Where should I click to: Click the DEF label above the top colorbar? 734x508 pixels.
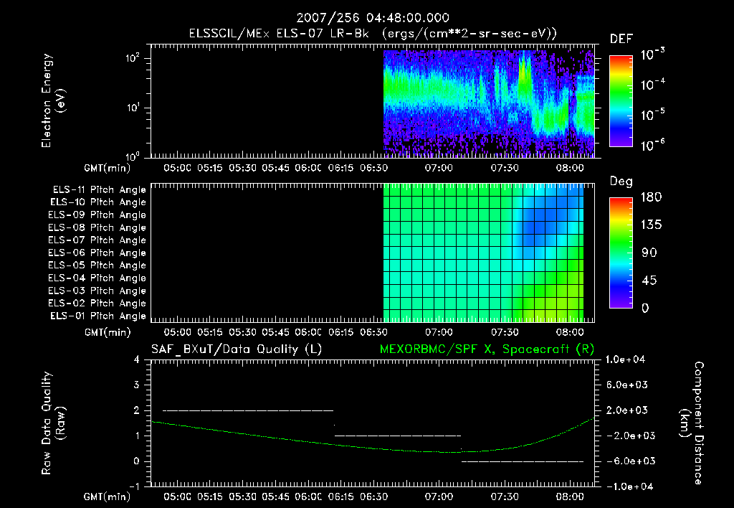point(621,39)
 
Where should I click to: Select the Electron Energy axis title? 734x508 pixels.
point(54,101)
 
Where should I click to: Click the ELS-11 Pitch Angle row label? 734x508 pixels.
point(99,189)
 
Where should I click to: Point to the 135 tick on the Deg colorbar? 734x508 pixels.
point(648,225)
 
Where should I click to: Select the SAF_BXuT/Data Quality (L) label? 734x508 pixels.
point(236,349)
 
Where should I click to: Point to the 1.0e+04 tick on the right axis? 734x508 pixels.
point(628,359)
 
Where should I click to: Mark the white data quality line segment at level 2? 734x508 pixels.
point(247,410)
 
